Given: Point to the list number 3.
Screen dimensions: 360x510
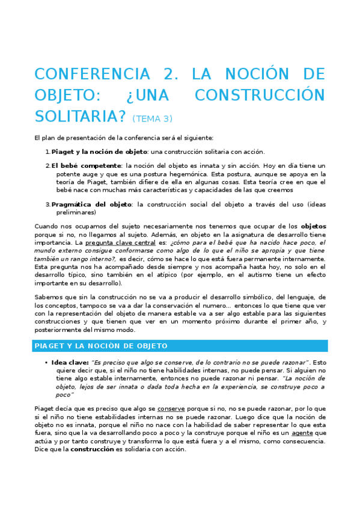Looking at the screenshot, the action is pos(47,204).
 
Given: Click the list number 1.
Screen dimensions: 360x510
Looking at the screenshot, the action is pos(47,152).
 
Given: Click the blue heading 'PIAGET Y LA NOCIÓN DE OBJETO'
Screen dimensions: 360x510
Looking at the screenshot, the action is pos(101,346).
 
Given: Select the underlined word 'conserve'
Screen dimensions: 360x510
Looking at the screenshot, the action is pos(171,409).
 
